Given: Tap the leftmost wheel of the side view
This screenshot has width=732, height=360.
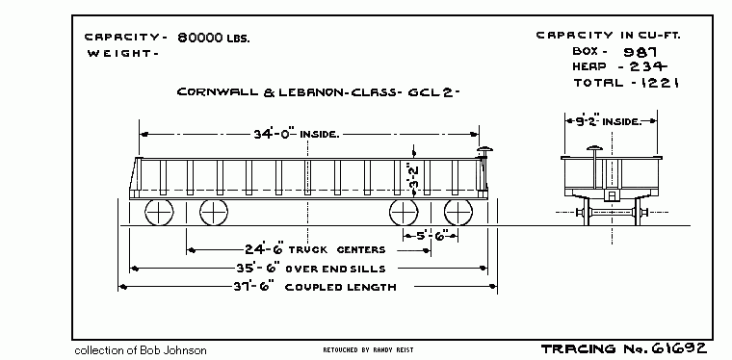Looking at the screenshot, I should pos(158,213).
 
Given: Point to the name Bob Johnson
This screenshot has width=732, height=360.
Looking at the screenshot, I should pos(175,349).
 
